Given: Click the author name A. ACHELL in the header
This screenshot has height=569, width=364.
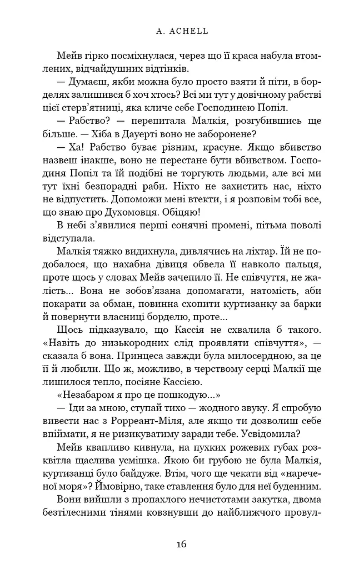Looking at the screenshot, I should tap(182, 32).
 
